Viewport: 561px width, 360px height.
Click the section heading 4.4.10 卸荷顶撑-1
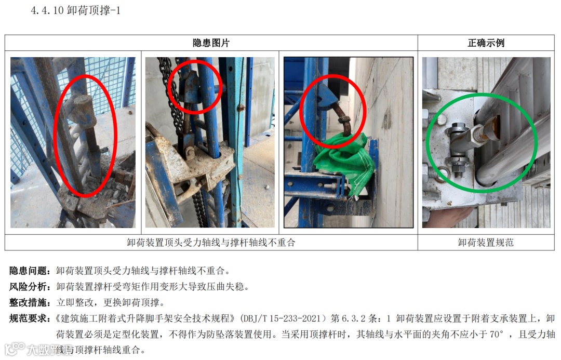75,10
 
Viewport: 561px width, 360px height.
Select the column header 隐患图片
211,43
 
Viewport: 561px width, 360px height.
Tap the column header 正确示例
486,43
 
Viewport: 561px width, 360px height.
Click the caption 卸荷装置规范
486,243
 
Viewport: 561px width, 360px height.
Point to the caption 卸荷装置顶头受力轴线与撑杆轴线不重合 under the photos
211,243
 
